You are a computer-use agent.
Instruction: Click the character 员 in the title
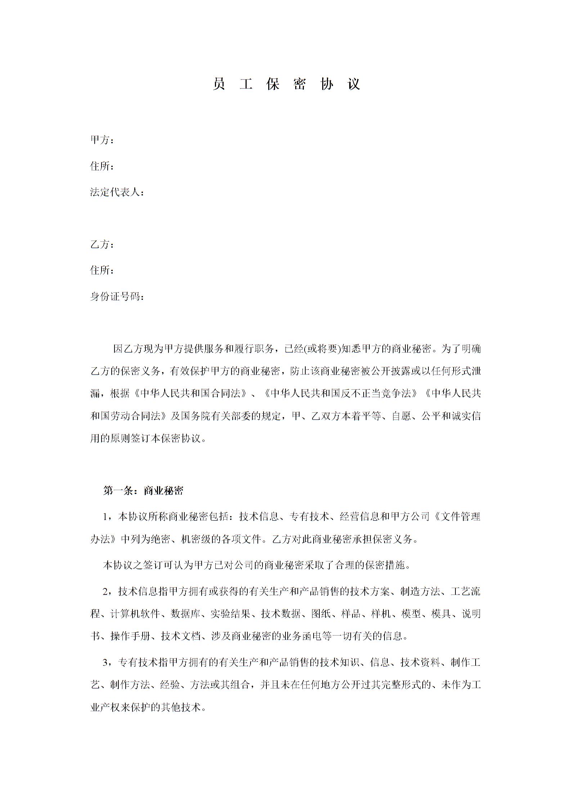(x=219, y=84)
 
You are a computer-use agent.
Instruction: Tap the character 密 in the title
(x=299, y=84)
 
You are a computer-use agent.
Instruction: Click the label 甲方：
(x=102, y=140)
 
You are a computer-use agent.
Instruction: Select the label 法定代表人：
(x=117, y=192)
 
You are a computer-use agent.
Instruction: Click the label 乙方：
(x=102, y=244)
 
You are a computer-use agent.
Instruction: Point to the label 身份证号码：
(x=117, y=297)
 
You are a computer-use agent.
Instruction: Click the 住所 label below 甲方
(x=102, y=166)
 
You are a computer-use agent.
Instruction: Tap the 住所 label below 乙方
(x=102, y=270)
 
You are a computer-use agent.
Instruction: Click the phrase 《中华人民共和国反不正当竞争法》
(x=341, y=394)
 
